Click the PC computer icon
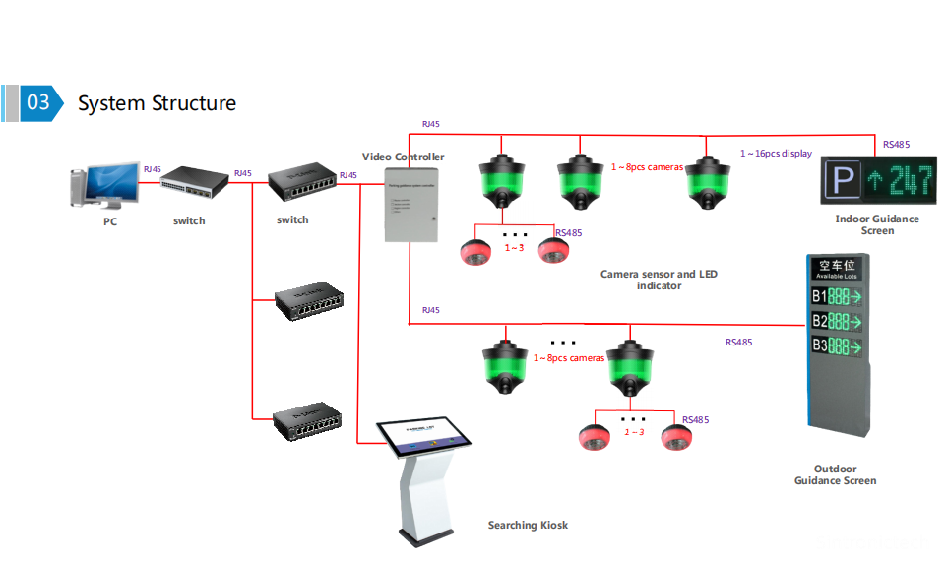point(107,187)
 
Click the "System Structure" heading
point(157,103)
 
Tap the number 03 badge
point(38,102)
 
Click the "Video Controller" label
point(403,157)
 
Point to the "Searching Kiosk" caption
point(528,525)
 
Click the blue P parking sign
point(840,181)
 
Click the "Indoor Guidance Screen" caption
point(877,224)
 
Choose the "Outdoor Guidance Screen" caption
point(835,474)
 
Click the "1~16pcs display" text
point(776,154)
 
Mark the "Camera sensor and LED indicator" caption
point(659,280)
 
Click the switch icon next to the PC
point(189,182)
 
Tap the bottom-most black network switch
point(308,421)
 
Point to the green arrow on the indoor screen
point(873,182)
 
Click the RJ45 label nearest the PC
point(152,169)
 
